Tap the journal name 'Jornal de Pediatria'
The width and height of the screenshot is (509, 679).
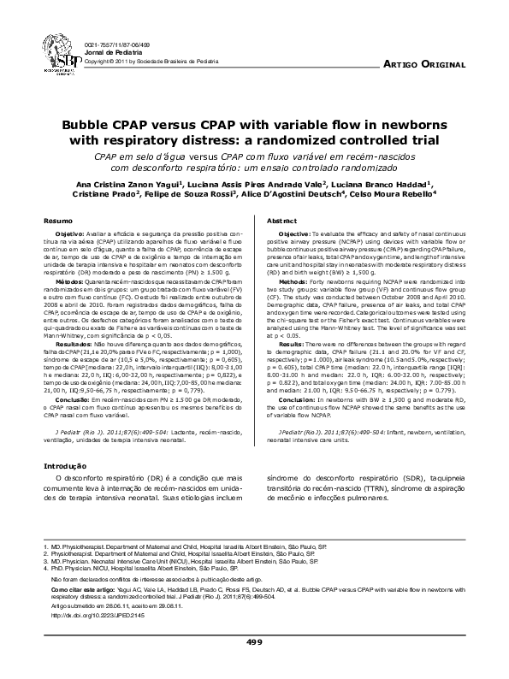(114, 53)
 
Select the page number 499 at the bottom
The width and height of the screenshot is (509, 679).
(254, 641)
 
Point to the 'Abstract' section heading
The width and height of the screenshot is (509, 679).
(281, 221)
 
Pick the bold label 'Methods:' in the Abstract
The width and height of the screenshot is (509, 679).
(298, 280)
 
